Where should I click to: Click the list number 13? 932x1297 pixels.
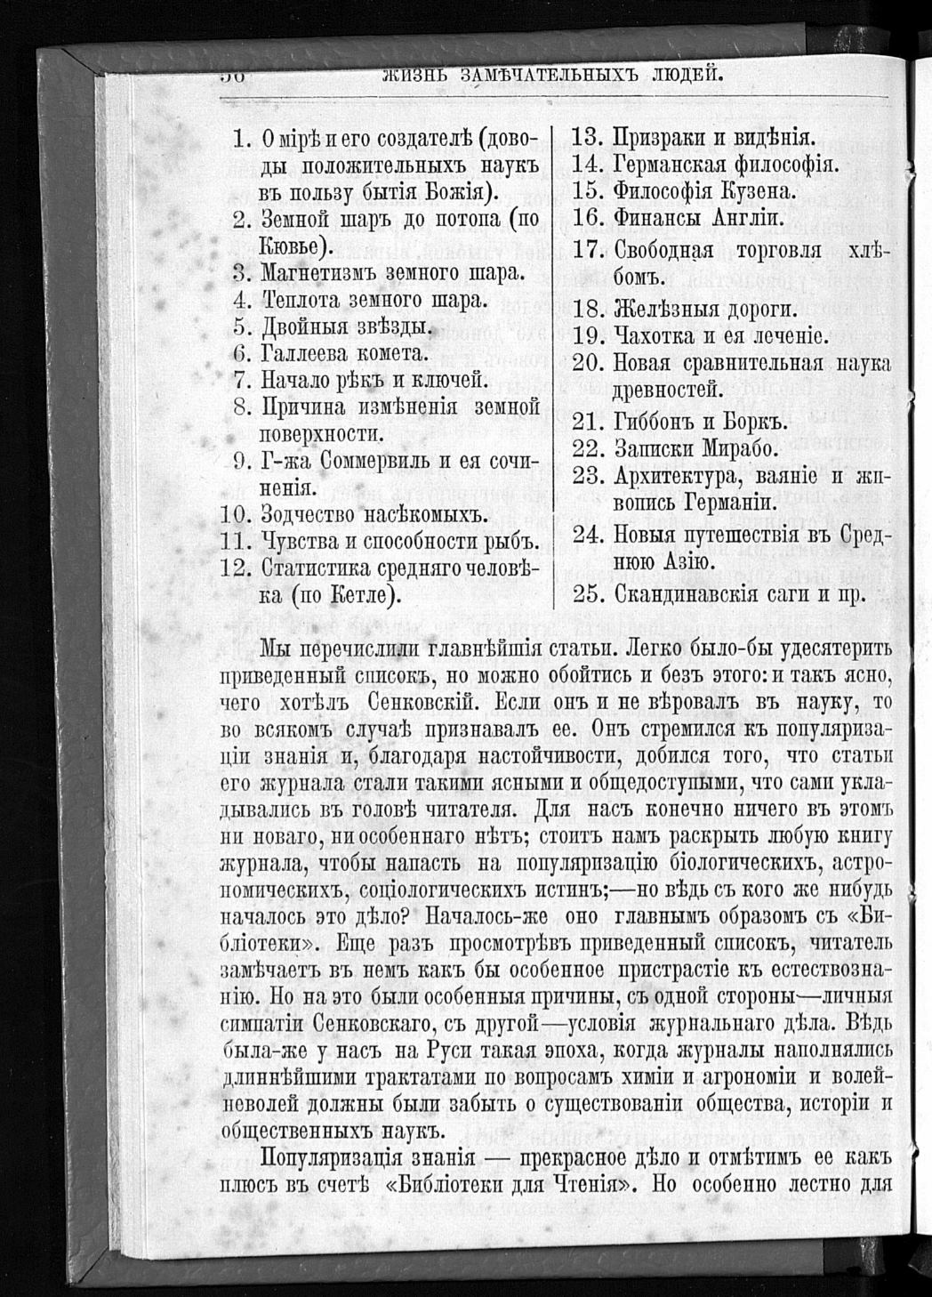click(586, 139)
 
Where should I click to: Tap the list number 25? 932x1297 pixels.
click(588, 593)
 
